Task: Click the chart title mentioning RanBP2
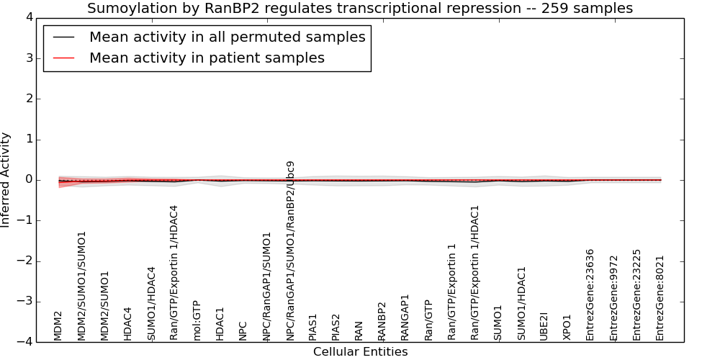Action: [x=359, y=8]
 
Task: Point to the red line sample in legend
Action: [x=64, y=58]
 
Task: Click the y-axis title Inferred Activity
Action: [x=5, y=180]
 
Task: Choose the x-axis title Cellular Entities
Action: [x=361, y=352]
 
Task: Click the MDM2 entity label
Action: [x=58, y=326]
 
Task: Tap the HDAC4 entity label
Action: [x=128, y=324]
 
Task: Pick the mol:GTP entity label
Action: [x=197, y=320]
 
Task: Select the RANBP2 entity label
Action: [x=382, y=321]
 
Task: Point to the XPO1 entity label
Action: [x=567, y=328]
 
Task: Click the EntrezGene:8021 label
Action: [x=660, y=299]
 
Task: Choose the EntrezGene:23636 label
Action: [x=590, y=294]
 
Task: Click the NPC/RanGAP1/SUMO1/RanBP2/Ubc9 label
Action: [x=290, y=251]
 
